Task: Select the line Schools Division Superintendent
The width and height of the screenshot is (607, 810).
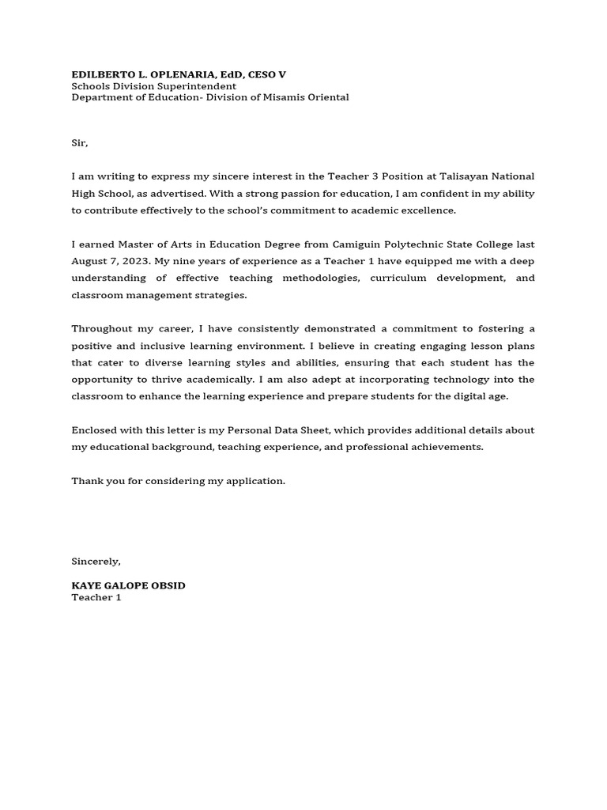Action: (153, 86)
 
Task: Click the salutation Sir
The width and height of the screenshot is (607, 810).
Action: (79, 143)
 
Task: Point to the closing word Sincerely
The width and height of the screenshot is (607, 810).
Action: (96, 562)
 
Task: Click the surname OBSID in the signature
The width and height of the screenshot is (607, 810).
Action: (167, 585)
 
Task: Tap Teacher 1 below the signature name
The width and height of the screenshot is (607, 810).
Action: (96, 597)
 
